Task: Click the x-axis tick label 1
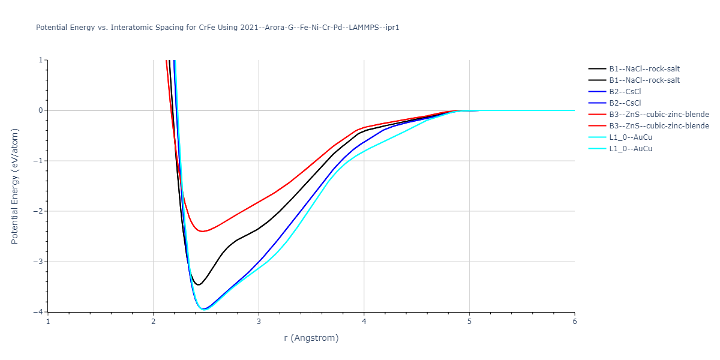[x=48, y=321]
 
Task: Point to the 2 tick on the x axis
[x=154, y=321]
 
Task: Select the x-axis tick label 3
[x=259, y=321]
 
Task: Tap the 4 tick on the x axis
[x=364, y=321]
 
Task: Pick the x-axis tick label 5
[x=469, y=321]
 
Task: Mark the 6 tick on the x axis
[x=574, y=321]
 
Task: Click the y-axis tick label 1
[x=40, y=60]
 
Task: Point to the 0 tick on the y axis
[x=40, y=110]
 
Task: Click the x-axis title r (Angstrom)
[x=311, y=338]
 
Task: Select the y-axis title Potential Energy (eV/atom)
[x=15, y=186]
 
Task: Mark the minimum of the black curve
[x=199, y=284]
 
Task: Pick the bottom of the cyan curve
[x=205, y=310]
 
